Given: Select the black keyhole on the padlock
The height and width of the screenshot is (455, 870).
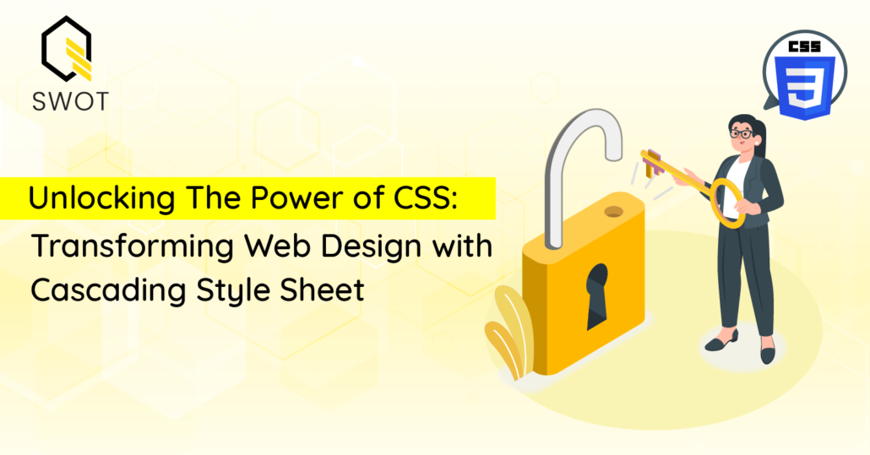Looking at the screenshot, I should [597, 295].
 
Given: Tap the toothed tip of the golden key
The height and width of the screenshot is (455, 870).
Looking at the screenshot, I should [652, 164].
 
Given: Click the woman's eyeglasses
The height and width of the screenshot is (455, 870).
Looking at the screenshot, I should [741, 134].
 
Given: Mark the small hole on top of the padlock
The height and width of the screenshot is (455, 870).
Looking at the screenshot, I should [614, 211].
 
